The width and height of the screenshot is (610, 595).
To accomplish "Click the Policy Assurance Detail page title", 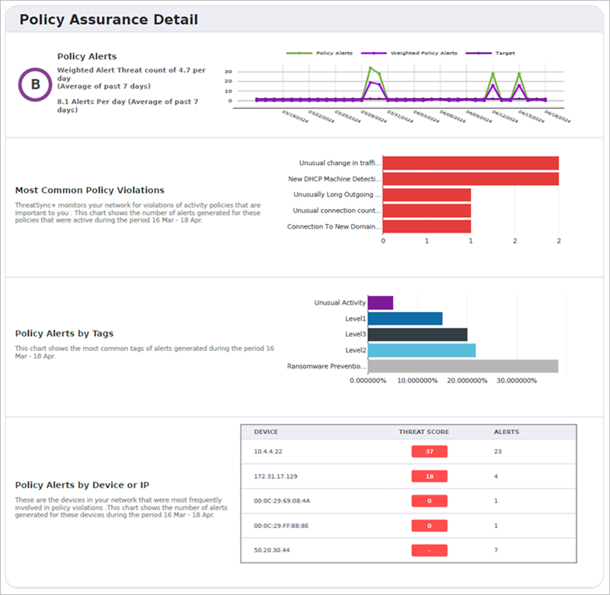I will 108,19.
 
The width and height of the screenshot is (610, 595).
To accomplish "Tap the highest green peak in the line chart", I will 370,68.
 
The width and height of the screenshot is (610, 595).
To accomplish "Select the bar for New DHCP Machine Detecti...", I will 470,179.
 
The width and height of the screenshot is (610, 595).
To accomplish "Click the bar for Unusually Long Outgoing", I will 427,194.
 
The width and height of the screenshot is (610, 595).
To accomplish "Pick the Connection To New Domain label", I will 334,227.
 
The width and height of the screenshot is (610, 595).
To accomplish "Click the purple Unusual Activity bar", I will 380,303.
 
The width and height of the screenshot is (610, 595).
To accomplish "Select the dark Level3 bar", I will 417,334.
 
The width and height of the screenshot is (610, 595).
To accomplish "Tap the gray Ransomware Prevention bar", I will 462,366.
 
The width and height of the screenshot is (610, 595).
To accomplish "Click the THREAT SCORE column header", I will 424,432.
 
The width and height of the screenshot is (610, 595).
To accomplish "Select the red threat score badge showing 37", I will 429,451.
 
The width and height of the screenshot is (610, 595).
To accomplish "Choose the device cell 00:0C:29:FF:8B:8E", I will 281,526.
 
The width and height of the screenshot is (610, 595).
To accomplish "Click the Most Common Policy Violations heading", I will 89,190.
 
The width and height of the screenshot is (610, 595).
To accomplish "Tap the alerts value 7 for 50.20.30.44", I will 497,551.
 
